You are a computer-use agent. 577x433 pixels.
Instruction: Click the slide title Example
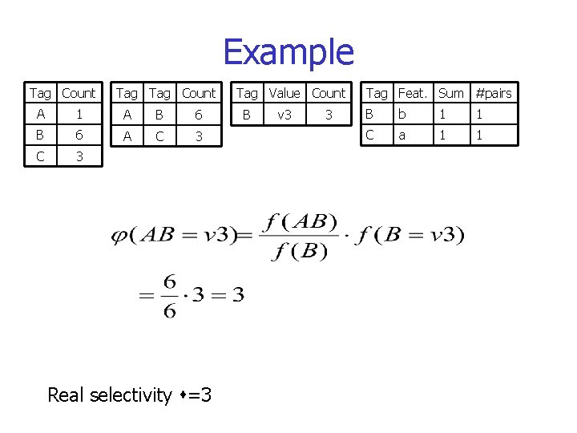coord(288,52)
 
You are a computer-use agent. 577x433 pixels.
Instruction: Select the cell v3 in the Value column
coord(284,115)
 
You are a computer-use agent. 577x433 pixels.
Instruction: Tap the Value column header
coord(284,93)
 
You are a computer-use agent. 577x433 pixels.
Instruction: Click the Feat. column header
coord(413,93)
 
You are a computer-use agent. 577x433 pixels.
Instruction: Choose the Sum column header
coord(450,93)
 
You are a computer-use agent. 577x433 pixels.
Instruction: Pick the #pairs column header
coord(493,93)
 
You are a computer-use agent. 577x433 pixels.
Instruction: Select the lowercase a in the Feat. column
coord(401,136)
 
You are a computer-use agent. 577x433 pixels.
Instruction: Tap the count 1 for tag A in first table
coord(79,115)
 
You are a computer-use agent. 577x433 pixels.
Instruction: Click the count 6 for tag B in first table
coord(79,136)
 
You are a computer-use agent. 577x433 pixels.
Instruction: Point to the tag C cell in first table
coord(39,157)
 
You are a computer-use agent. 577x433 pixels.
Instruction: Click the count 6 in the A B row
coord(199,115)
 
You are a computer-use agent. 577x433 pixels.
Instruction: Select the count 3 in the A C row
coord(199,136)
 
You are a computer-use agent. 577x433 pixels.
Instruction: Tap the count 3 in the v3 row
coord(328,115)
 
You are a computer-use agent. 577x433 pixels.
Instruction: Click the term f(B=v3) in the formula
coord(411,235)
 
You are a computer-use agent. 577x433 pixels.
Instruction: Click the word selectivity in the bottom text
coord(131,395)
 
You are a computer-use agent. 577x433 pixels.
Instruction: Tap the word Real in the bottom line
coord(67,395)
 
